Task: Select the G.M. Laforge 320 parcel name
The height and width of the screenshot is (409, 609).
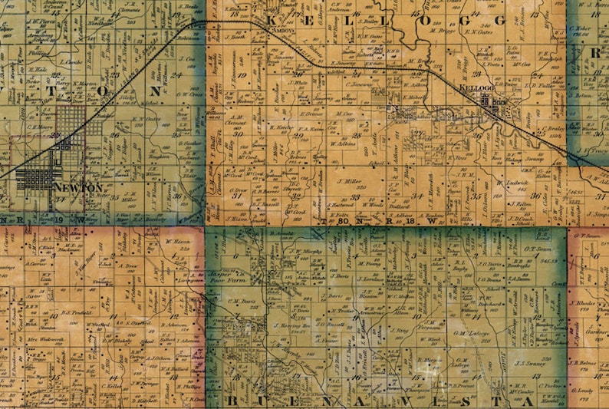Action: click(x=471, y=334)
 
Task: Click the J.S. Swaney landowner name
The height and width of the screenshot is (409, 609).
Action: click(x=528, y=363)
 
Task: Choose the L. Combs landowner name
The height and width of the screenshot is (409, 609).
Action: click(x=73, y=61)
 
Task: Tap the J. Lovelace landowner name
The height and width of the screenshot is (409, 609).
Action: click(x=371, y=279)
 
